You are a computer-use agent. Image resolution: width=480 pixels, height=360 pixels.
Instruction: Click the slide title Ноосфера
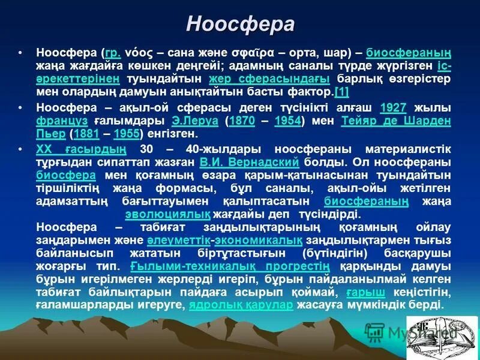click(x=240, y=23)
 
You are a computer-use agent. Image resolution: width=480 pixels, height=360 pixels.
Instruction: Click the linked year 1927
click(x=393, y=108)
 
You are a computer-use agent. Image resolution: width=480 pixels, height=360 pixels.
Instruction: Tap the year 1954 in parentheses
click(x=287, y=121)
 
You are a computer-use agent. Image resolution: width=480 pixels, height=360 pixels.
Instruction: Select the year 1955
click(x=126, y=134)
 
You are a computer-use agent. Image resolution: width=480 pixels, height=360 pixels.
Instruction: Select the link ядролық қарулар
click(x=241, y=305)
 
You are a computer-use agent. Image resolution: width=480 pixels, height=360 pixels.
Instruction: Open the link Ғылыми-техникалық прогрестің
click(x=230, y=266)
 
